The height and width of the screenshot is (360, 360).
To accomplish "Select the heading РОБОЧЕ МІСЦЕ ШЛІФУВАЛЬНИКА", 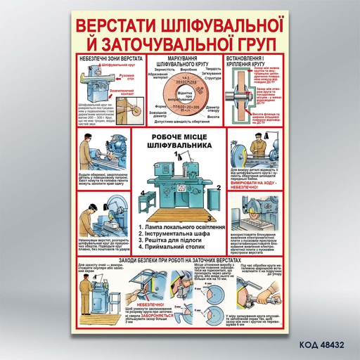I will (179, 141).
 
